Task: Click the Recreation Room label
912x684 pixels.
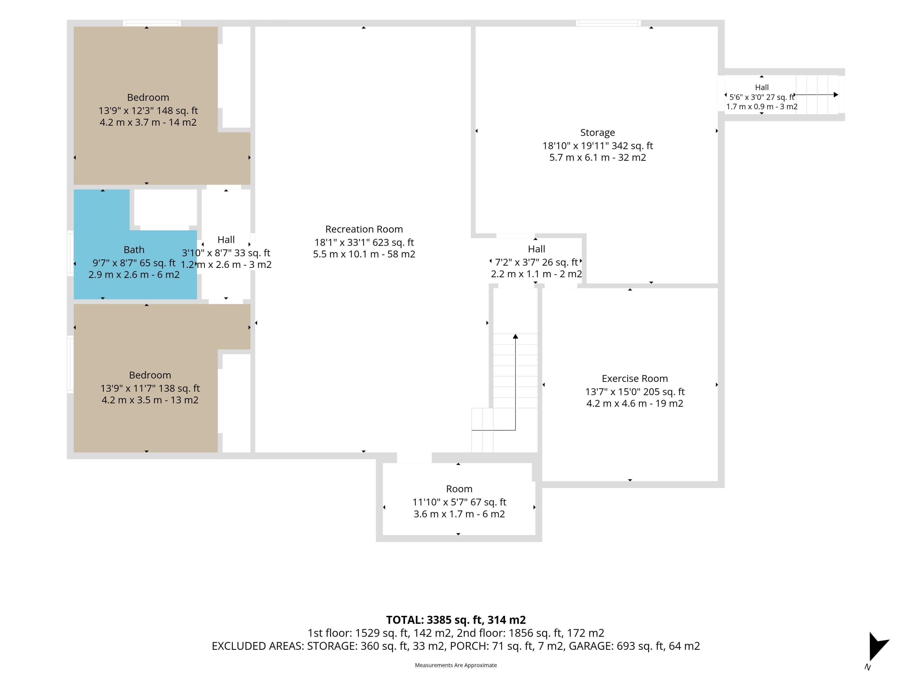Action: point(364,229)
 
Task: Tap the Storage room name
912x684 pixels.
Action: point(597,133)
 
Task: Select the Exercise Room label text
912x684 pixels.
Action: point(635,379)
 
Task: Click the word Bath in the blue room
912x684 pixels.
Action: point(134,250)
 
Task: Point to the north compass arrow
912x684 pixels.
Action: point(877,647)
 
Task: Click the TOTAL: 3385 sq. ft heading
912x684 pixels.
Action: point(456,620)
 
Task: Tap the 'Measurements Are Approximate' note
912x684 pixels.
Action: point(456,665)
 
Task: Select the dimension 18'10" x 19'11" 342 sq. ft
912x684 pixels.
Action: point(597,146)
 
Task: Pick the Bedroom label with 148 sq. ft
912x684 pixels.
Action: point(148,98)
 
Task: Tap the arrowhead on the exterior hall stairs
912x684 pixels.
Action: point(836,95)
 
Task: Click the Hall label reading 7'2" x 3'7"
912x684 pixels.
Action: point(537,249)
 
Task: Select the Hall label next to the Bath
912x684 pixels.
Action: point(226,240)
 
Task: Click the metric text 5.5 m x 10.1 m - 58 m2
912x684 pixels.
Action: point(364,254)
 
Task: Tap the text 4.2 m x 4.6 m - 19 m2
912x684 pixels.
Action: point(635,404)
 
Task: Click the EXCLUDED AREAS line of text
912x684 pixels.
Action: point(456,646)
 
